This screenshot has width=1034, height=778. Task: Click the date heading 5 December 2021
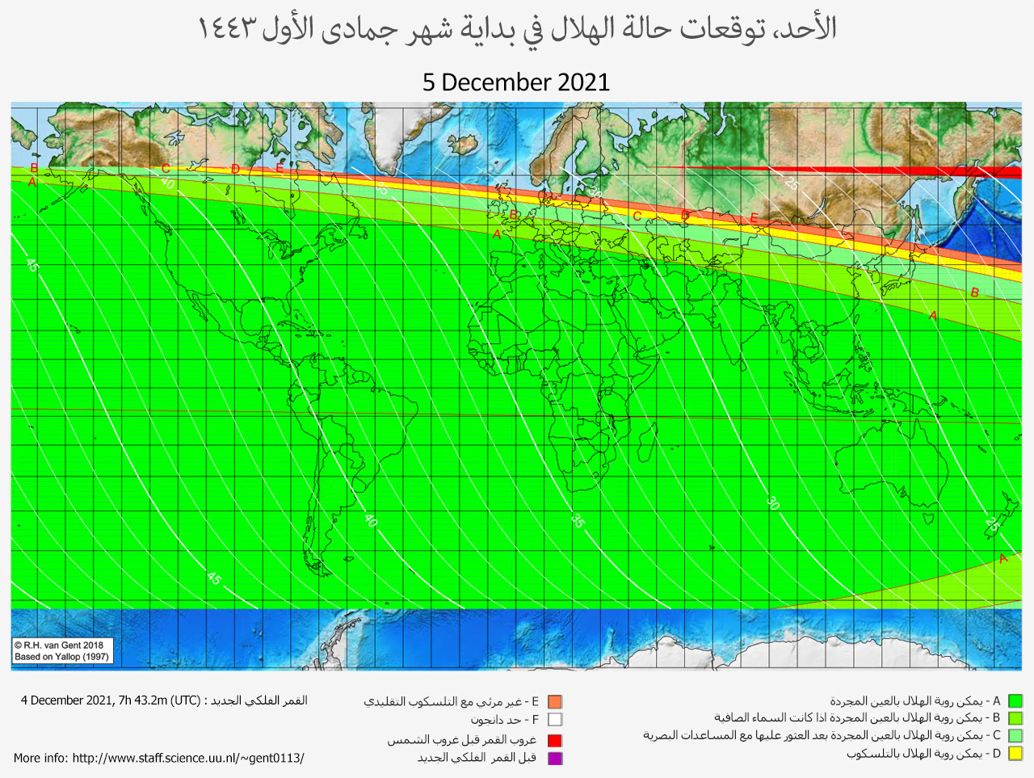point(516,82)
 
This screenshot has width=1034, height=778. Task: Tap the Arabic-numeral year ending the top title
point(229,29)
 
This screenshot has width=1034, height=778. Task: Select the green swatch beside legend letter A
point(1015,701)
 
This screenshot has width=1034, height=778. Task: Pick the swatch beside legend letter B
point(1015,718)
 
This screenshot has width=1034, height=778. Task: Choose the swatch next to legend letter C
point(1015,736)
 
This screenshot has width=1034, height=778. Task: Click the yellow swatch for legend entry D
point(1015,754)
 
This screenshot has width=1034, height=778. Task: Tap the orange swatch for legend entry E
point(554,702)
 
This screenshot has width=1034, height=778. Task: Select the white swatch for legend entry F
point(554,719)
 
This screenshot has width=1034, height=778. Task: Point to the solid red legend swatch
point(554,740)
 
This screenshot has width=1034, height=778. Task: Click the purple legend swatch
point(554,758)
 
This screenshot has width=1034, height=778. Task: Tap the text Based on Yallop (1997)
point(61,657)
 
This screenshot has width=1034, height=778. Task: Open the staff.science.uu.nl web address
point(188,758)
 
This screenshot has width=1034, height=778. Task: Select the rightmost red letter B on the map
point(974,292)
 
